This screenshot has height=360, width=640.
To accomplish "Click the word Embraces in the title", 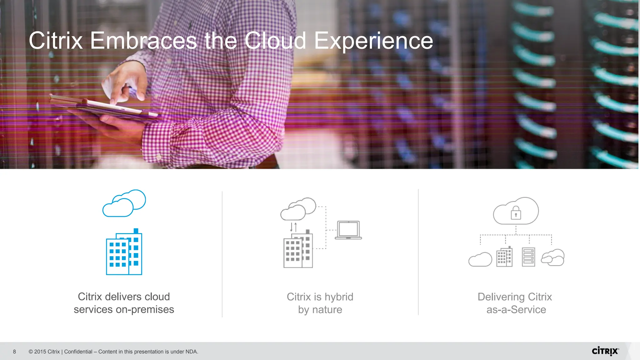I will [143, 41].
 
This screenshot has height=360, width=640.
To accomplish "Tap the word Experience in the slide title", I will [373, 41].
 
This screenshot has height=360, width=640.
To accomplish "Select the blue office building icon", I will [124, 252].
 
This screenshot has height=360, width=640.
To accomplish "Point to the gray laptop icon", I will [348, 230].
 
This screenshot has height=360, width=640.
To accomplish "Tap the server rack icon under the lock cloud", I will [528, 257].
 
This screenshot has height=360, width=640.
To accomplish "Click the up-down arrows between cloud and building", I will [293, 227].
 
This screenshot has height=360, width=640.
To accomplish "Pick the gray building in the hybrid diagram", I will [298, 250].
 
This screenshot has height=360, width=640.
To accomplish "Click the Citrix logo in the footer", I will [605, 351].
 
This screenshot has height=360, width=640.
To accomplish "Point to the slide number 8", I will [14, 352].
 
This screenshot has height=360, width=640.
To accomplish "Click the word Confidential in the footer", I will [78, 352].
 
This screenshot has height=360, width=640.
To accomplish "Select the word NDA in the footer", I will [191, 352].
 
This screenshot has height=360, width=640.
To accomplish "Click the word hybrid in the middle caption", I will [338, 297].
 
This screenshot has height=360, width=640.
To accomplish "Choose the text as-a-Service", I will [516, 309].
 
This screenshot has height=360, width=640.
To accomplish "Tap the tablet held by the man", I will [103, 108].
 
